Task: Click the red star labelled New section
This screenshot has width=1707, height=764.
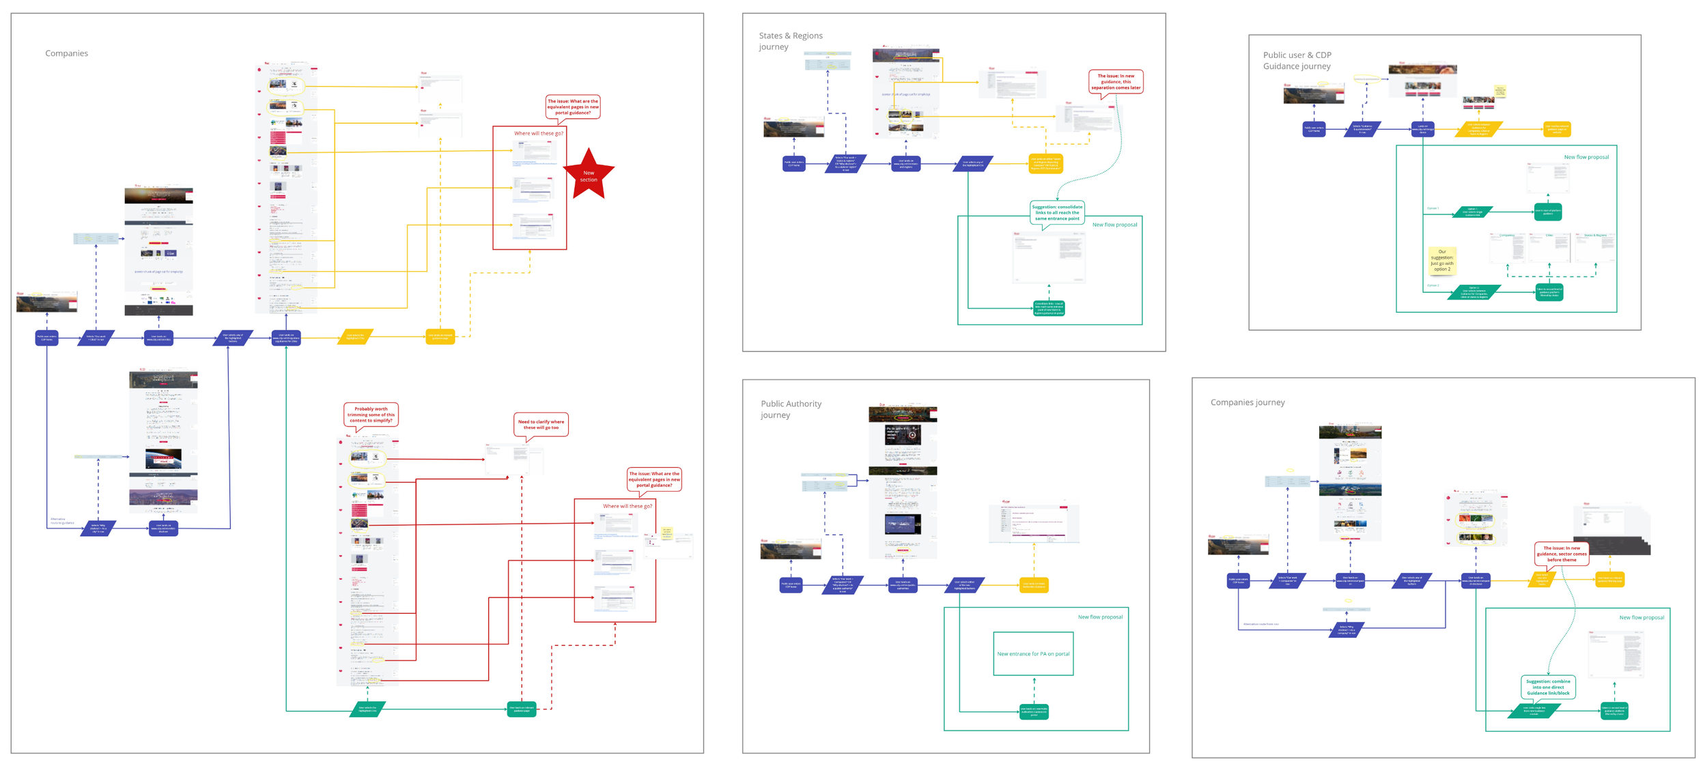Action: [x=589, y=175]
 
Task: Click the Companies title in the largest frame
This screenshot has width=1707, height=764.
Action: [x=66, y=53]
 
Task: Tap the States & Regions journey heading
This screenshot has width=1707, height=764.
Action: [x=790, y=41]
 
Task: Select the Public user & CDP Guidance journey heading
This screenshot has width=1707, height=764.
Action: [x=1297, y=60]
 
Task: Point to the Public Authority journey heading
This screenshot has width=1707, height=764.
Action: [x=791, y=409]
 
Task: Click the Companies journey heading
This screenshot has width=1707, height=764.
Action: [x=1247, y=402]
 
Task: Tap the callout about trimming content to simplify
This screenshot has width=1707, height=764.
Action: [x=371, y=414]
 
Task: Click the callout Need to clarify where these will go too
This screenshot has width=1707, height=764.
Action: [x=541, y=424]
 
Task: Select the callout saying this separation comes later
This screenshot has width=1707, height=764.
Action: [x=1115, y=81]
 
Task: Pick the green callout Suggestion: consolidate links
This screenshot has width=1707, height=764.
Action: [x=1056, y=212]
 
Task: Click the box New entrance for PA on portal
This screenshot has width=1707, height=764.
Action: [x=1033, y=653]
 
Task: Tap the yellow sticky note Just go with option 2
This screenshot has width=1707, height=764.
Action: [x=1441, y=260]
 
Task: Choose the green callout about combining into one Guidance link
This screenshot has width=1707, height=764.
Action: [x=1547, y=687]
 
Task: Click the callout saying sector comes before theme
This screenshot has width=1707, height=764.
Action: [x=1561, y=553]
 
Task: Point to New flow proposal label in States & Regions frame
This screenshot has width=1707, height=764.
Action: [x=1114, y=225]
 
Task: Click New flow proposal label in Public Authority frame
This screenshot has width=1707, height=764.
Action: [x=1099, y=617]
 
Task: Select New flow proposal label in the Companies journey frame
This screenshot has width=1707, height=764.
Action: [x=1641, y=617]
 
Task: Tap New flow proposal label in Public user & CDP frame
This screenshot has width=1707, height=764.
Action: [x=1585, y=157]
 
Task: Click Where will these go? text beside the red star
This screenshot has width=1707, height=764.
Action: [x=538, y=133]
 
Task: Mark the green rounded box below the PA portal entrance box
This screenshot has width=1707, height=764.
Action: [x=1033, y=711]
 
